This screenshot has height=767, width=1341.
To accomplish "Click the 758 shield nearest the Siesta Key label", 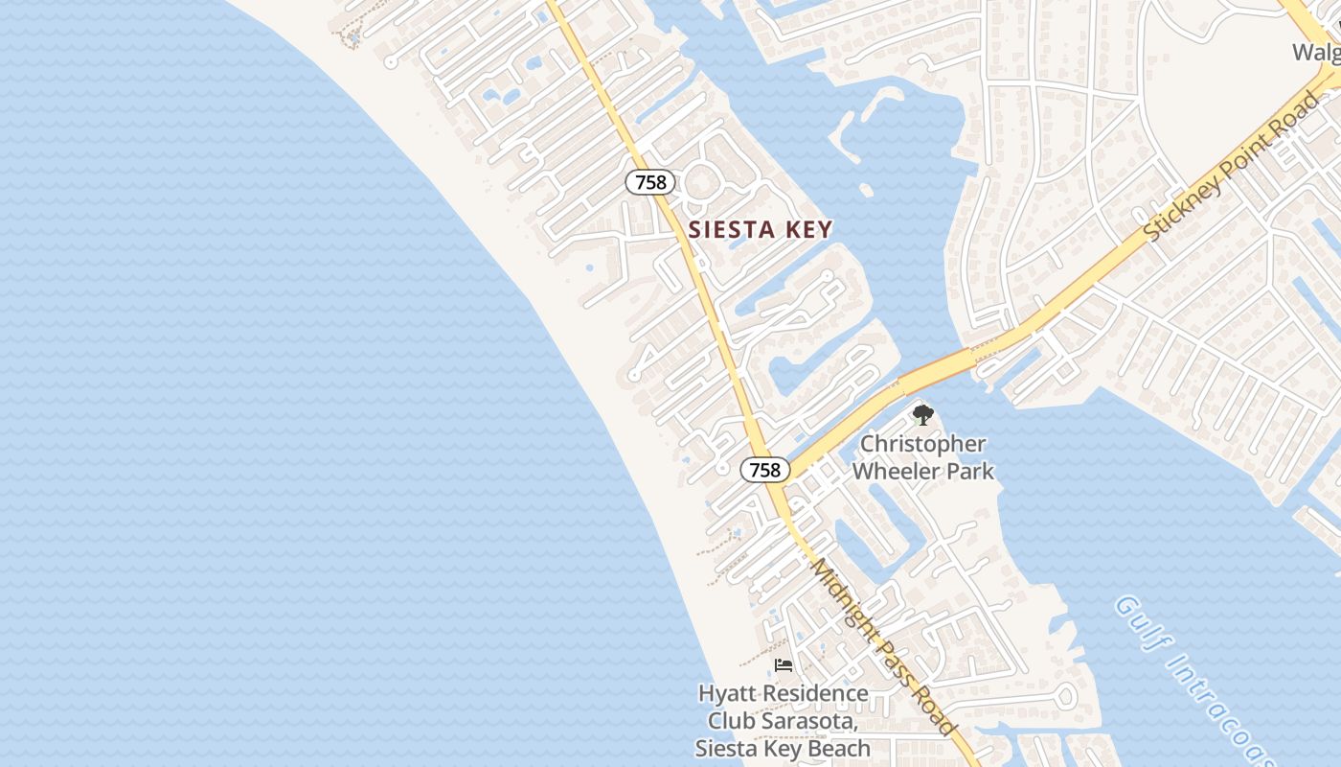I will [651, 182].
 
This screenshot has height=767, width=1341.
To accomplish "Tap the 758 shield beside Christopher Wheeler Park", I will [765, 470].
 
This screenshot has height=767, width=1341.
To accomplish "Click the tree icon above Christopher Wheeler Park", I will [923, 415].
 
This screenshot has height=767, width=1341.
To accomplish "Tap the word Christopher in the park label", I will [923, 444].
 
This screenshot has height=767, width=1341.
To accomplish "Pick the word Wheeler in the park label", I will [897, 471].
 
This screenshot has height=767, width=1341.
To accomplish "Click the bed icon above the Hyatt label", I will [784, 665].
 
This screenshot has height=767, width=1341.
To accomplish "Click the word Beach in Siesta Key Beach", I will [837, 748].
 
